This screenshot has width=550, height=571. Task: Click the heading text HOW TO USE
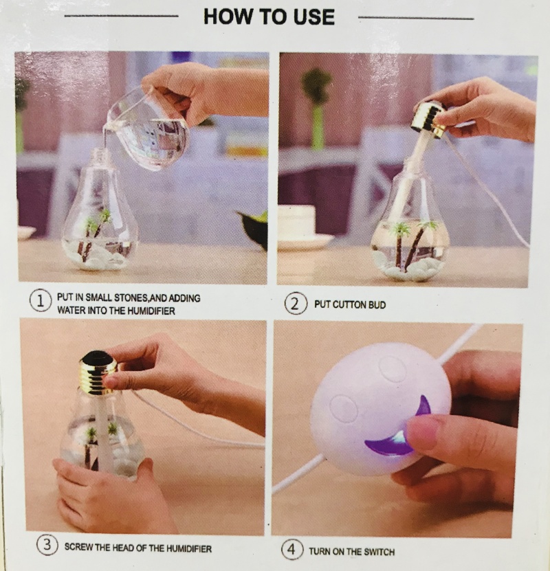269,16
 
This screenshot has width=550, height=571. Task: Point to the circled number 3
47,545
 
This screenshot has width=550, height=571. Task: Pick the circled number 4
291,549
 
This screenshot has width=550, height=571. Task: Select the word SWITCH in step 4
379,552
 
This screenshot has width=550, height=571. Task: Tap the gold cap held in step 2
428,117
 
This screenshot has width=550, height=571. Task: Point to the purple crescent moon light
401,432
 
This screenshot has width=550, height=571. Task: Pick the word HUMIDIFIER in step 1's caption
152,311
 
